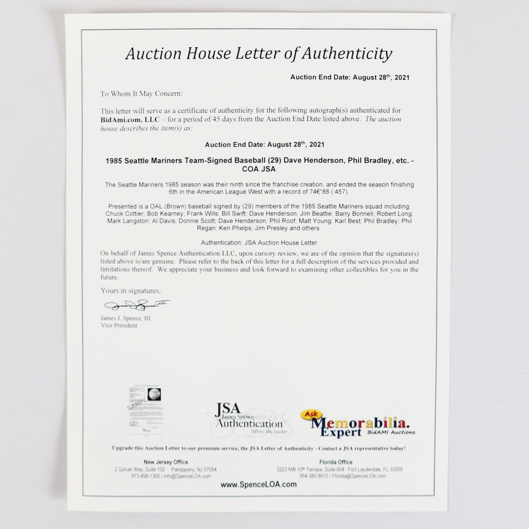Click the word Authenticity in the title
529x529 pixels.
point(347,53)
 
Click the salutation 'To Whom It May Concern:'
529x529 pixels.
point(141,93)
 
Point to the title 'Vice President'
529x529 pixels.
point(119,325)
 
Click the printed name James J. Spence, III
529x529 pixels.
point(125,318)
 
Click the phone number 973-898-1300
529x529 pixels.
point(145,476)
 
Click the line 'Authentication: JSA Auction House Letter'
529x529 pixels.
point(259,242)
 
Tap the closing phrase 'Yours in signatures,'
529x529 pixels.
point(130,291)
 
